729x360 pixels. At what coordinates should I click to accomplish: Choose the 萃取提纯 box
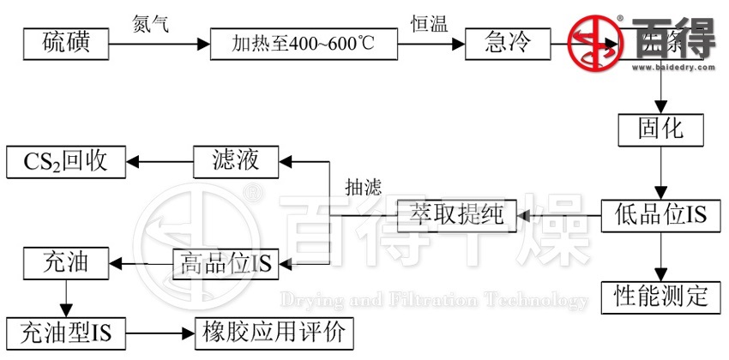[456, 215]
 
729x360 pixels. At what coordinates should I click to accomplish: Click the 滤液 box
[236, 160]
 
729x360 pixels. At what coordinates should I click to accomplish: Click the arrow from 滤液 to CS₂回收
[159, 160]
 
